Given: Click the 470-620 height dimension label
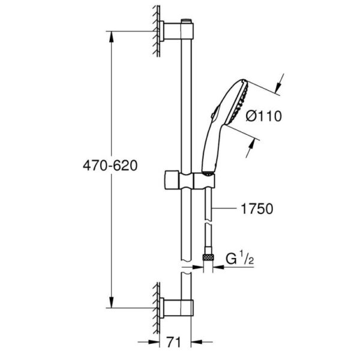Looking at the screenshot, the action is coord(110,166).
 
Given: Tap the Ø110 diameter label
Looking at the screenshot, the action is coord(263,116).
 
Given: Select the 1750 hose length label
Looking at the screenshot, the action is coord(257,209).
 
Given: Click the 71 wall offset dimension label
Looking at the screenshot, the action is coord(173,343).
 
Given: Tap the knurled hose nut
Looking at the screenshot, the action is coord(208,257).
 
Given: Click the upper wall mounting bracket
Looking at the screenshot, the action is coord(177,31).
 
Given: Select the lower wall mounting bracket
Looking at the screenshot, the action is coord(177,308).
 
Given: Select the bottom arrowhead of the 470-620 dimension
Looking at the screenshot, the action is coord(112,302).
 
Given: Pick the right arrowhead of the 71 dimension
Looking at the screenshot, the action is coord(197,342).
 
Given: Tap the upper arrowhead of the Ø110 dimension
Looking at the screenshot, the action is coord(278,87).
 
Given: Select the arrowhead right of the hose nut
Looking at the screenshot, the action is coord(218,267).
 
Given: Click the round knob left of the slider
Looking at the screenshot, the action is coord(172,180).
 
